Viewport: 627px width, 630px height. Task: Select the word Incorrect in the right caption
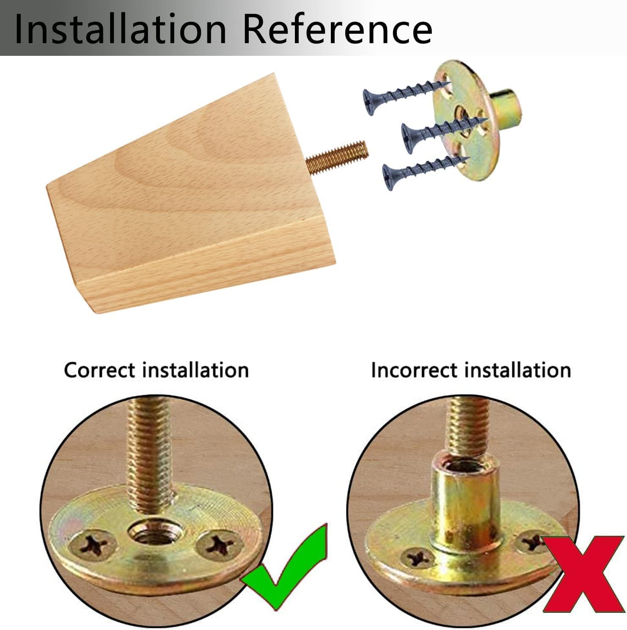tap(415, 370)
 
